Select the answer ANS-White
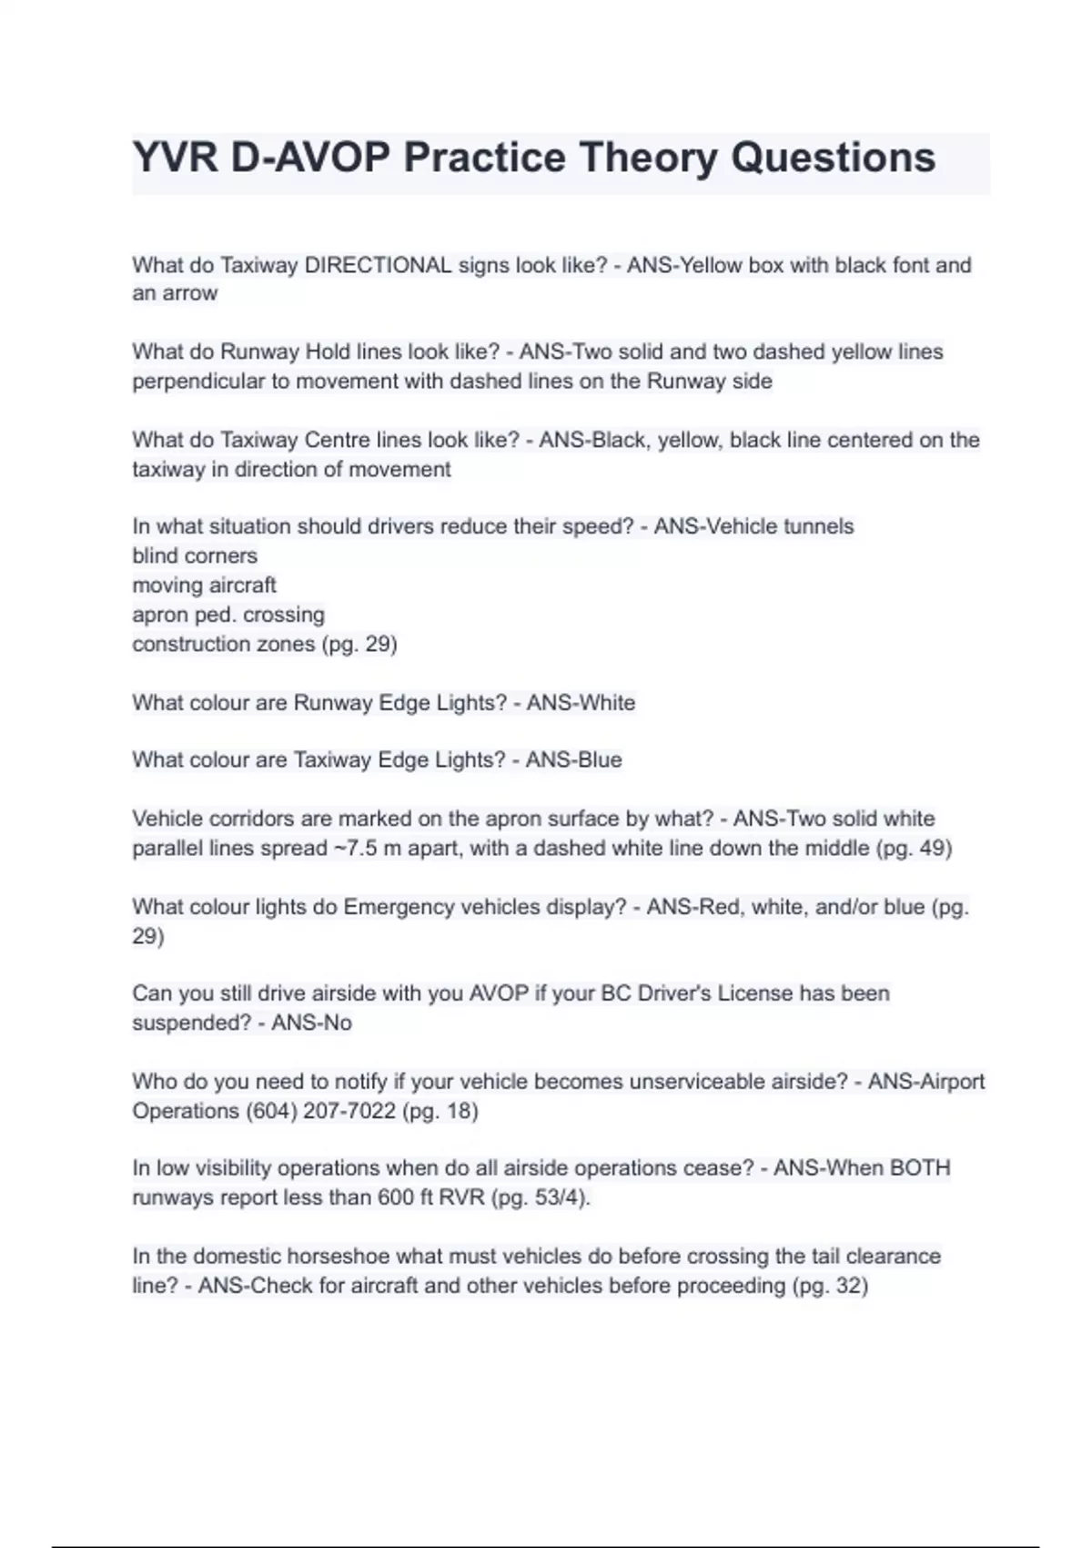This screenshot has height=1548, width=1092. point(581,703)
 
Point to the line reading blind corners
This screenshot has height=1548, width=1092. point(195,555)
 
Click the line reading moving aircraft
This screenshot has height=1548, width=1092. point(204,585)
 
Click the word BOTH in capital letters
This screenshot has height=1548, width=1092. point(919,1168)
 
